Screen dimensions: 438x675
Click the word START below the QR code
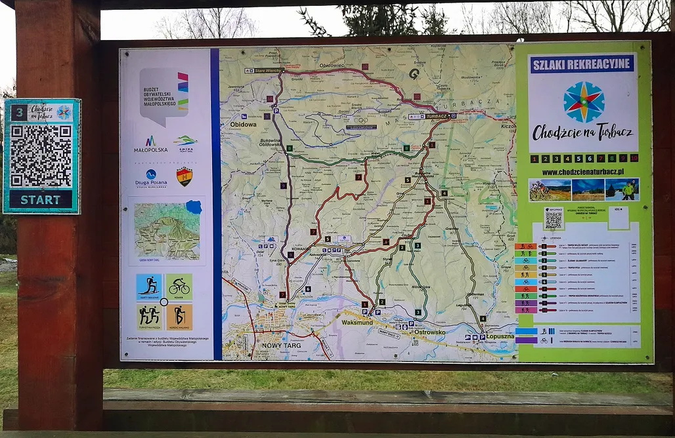pyautogui.click(x=41, y=199)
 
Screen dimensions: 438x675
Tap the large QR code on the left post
pyautogui.click(x=41, y=155)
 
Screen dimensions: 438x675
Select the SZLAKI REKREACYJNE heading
pyautogui.click(x=582, y=64)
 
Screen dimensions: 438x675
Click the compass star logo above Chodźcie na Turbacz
pyautogui.click(x=583, y=102)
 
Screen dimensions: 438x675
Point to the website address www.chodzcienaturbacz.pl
pyautogui.click(x=583, y=172)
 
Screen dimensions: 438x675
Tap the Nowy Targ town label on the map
pyautogui.click(x=281, y=345)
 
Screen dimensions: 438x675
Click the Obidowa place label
pyautogui.click(x=243, y=124)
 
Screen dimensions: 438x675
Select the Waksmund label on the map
pyautogui.click(x=358, y=322)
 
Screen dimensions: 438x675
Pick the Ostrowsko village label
pyautogui.click(x=429, y=332)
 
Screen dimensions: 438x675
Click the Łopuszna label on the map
pyautogui.click(x=500, y=336)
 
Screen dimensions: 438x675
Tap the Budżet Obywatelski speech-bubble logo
pyautogui.click(x=163, y=95)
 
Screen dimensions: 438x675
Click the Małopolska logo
pyautogui.click(x=150, y=144)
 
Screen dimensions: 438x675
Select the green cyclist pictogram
pyautogui.click(x=179, y=287)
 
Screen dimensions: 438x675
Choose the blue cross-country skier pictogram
pyautogui.click(x=149, y=287)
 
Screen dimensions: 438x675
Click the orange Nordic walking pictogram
pyautogui.click(x=179, y=316)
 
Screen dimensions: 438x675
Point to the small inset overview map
pyautogui.click(x=167, y=231)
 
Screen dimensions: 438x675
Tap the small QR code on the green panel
pyautogui.click(x=554, y=218)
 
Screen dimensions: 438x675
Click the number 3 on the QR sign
pyautogui.click(x=19, y=112)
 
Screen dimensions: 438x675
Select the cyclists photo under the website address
pyautogui.click(x=550, y=189)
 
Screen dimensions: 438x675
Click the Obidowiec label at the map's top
pyautogui.click(x=332, y=66)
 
